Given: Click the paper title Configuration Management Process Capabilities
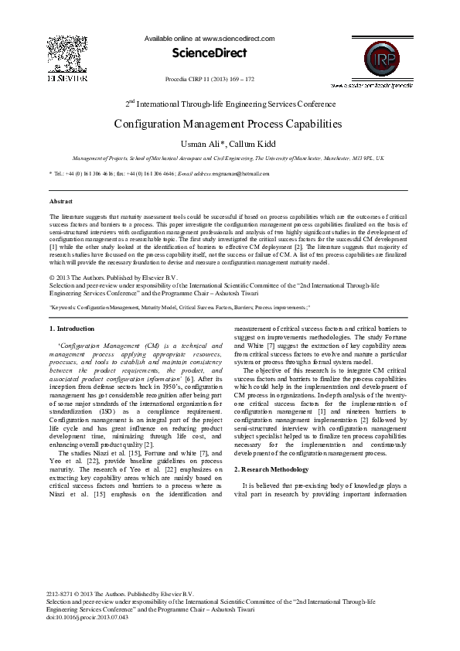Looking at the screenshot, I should [x=228, y=124].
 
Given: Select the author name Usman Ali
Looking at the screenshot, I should [x=201, y=143].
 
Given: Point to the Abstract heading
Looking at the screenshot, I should [x=61, y=201].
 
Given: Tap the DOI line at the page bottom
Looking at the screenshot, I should [x=87, y=617].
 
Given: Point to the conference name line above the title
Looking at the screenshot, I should [x=230, y=103].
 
